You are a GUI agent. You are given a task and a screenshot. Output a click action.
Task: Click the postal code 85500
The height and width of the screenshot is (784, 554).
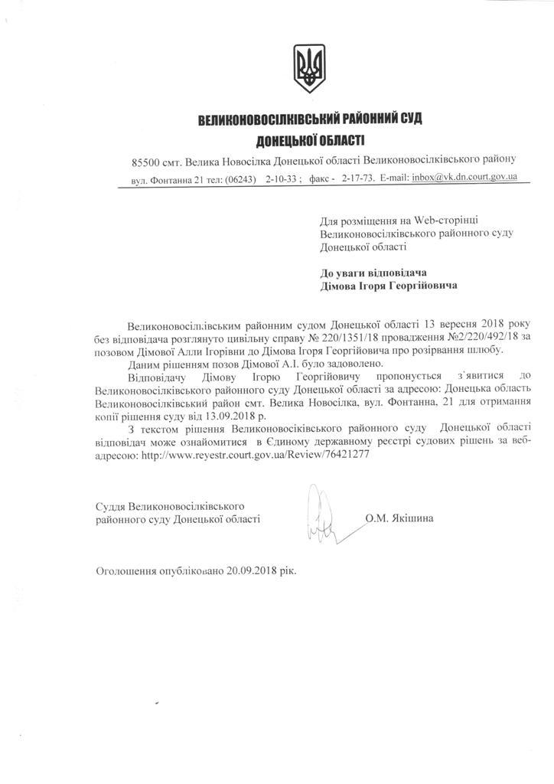tap(146, 162)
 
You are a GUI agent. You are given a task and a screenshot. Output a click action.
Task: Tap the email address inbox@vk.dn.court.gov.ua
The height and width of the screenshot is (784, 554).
tap(464, 178)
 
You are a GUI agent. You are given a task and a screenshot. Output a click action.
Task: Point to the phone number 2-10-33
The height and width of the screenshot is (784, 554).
tap(282, 178)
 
